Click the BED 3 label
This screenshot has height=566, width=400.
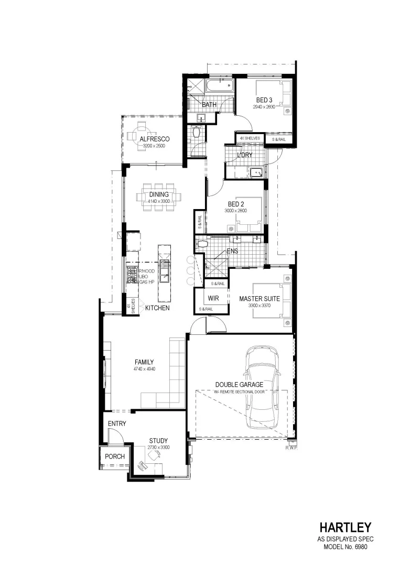pos(264,100)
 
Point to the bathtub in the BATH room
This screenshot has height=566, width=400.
pos(218,87)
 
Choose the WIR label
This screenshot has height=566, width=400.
pos(213,298)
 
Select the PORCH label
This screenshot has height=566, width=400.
pos(115,456)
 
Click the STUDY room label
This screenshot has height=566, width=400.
pos(158,441)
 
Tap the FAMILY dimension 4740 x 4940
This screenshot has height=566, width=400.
pos(144,368)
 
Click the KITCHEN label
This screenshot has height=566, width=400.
pos(157,308)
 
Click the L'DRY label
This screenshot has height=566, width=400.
pos(245,155)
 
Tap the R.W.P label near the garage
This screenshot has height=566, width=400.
pos(291,448)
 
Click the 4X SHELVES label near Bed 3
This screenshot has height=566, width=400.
pos(250,138)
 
